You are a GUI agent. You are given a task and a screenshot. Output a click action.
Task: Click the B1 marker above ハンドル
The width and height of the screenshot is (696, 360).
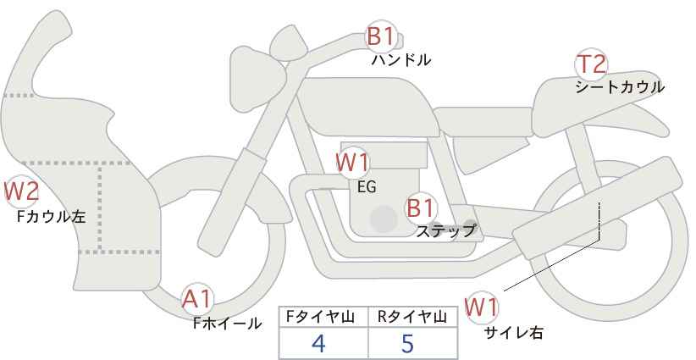pyautogui.click(x=380, y=36)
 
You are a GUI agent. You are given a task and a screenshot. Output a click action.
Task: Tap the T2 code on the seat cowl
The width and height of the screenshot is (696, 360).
pyautogui.click(x=592, y=64)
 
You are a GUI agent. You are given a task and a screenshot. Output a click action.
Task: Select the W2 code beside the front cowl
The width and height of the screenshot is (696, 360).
pyautogui.click(x=21, y=191)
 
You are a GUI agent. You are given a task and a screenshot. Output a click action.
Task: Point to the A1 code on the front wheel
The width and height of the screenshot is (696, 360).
pyautogui.click(x=197, y=299)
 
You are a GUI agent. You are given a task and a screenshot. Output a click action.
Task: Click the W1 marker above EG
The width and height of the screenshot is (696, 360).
pyautogui.click(x=352, y=163)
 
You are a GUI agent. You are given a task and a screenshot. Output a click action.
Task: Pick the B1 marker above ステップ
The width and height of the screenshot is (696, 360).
pyautogui.click(x=420, y=208)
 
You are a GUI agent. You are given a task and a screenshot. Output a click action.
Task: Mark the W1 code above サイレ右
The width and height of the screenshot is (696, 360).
pyautogui.click(x=481, y=307)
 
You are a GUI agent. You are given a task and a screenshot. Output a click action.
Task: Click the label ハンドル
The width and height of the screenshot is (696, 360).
pyautogui.click(x=401, y=60)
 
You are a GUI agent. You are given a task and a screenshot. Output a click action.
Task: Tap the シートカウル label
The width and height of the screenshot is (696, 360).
pyautogui.click(x=620, y=87)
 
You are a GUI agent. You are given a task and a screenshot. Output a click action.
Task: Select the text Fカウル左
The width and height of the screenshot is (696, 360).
pyautogui.click(x=51, y=217)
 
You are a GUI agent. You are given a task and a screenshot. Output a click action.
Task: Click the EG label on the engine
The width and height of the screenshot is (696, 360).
pyautogui.click(x=367, y=187)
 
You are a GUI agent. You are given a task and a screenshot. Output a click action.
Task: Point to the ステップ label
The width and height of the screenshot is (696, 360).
pyautogui.click(x=445, y=231)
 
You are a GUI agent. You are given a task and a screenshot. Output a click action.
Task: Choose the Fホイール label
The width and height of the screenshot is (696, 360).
pyautogui.click(x=227, y=324)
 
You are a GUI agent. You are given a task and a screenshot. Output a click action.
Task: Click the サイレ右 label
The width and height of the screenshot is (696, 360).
pyautogui.click(x=513, y=333)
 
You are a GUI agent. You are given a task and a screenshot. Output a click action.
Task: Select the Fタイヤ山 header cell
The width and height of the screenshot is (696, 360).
pyautogui.click(x=323, y=317)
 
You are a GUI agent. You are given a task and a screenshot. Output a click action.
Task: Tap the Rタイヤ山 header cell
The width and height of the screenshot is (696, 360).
pyautogui.click(x=413, y=317)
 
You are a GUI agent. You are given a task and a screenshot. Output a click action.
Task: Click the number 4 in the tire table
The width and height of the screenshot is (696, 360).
pyautogui.click(x=318, y=343)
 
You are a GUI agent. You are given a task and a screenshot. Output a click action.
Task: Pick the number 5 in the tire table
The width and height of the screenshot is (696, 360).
pyautogui.click(x=407, y=343)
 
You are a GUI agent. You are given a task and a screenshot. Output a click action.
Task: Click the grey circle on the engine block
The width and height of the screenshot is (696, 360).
pyautogui.click(x=384, y=219)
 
